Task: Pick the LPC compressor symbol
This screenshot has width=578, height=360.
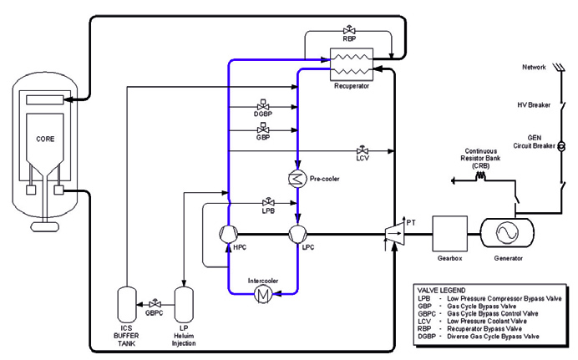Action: (297, 233)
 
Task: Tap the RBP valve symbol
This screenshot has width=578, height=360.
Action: (350, 29)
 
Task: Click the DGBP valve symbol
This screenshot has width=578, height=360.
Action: (262, 109)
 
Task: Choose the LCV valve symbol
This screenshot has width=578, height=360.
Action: (363, 150)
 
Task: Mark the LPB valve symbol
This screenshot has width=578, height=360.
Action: (268, 202)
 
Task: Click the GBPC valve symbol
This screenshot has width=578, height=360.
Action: (155, 302)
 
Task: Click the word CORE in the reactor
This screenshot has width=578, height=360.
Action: (45, 136)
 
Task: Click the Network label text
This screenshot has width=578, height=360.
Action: (534, 67)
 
